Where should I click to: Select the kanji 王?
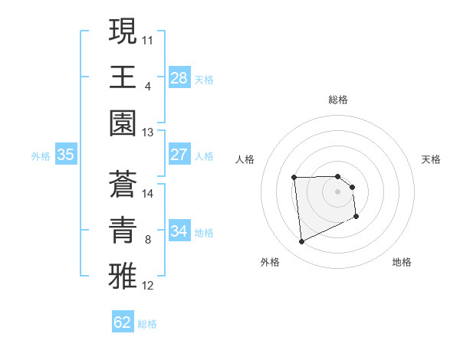pos(123,77)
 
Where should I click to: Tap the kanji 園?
pos(123,123)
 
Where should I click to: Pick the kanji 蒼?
pos(123,184)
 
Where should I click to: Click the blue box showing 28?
pos(179,77)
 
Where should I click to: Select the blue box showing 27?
pos(179,155)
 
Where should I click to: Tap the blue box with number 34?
pos(179,231)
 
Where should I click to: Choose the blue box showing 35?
pos(65,155)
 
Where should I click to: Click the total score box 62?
pos(123,322)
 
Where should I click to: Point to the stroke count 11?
pos(148,39)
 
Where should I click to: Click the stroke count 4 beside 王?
pos(148,86)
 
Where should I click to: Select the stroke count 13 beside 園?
pos(148,133)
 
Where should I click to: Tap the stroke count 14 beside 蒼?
pos(148,193)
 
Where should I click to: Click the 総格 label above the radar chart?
pos(338,100)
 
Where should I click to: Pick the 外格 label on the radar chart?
pos(270,262)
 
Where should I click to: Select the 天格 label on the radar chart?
pos(432,159)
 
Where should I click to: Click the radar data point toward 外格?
pos(302,242)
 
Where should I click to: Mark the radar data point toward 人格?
pos(294,178)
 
